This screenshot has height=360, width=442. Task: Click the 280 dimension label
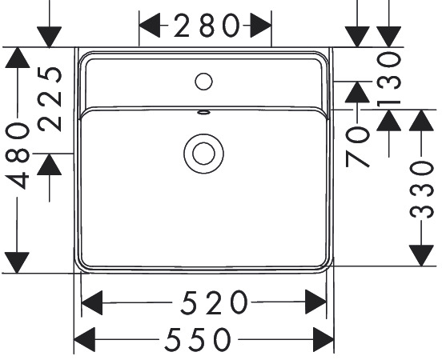point(207,26)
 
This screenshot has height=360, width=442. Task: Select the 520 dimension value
point(215,303)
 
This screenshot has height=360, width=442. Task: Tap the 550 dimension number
point(198,339)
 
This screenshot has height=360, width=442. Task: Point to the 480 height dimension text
point(18,157)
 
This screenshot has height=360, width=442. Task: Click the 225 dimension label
point(50,99)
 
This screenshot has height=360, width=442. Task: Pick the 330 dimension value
point(421,190)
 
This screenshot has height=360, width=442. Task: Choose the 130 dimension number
point(389,80)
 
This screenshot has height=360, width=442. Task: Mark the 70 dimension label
point(357,147)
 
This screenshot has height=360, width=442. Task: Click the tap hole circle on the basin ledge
point(203,82)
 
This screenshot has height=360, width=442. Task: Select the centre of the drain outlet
point(204,154)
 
